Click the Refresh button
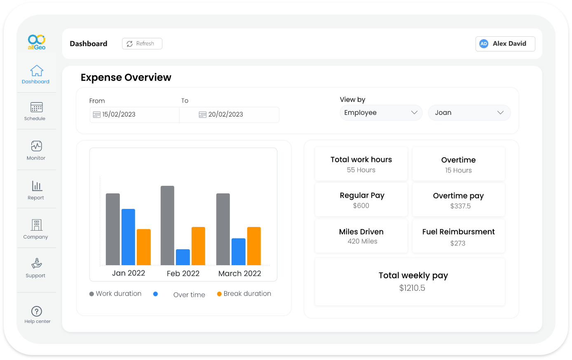tap(142, 44)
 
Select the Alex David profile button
tap(505, 44)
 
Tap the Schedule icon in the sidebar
tap(36, 108)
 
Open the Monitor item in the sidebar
tap(36, 147)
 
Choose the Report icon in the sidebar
tap(37, 186)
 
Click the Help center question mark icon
tap(37, 311)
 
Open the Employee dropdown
tap(381, 113)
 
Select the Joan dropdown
tap(469, 113)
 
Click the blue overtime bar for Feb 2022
tap(183, 257)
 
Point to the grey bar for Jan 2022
tap(113, 229)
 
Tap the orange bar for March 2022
tap(254, 246)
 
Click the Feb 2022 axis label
tap(183, 274)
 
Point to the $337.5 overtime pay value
tap(460, 206)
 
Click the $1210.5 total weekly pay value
tap(412, 288)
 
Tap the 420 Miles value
tap(362, 241)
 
